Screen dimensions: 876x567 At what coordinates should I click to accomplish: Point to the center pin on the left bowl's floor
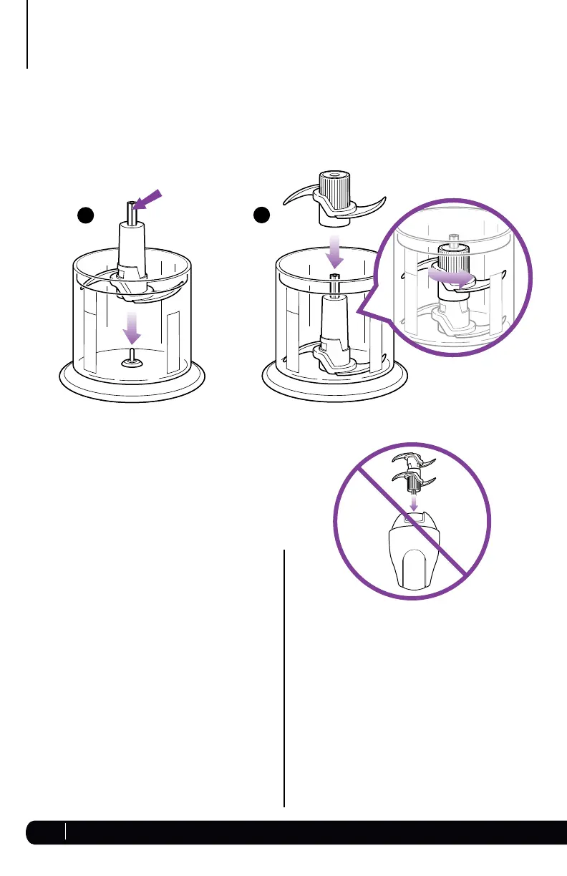click(132, 361)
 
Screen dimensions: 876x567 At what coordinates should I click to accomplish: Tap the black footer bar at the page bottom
click(301, 831)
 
